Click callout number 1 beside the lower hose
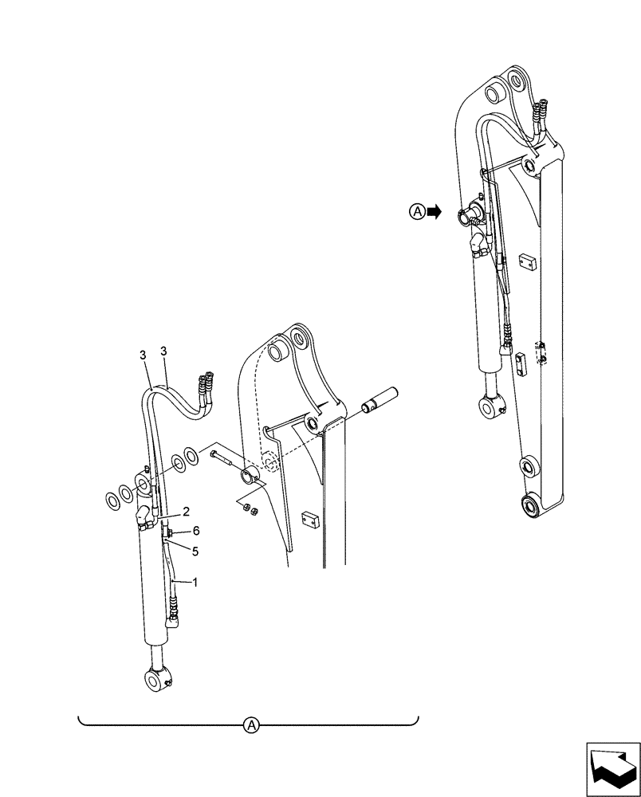194,583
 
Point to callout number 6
195,530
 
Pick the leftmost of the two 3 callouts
142,352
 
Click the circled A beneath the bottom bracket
251,724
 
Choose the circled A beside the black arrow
416,211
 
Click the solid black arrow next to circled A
434,211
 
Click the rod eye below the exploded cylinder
157,680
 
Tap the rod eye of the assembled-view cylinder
490,406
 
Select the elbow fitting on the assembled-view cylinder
478,245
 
